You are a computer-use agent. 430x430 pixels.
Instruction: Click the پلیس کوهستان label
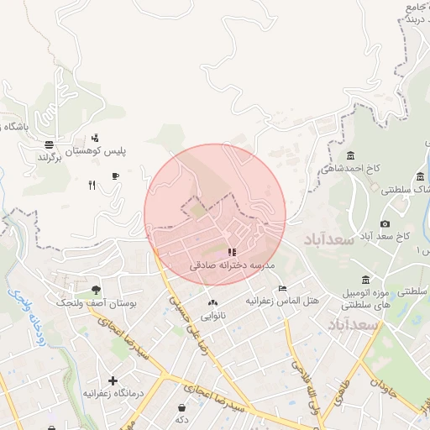pyautogui.click(x=120, y=150)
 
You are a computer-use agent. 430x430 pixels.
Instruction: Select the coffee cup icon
pyautogui.click(x=115, y=176)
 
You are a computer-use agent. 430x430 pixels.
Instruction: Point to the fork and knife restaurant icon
pyautogui.click(x=92, y=186)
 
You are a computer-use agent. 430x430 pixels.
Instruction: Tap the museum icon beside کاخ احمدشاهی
pyautogui.click(x=349, y=155)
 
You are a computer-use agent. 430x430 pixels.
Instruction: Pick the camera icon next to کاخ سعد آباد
pyautogui.click(x=385, y=223)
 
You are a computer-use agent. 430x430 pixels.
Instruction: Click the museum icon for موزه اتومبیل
pyautogui.click(x=365, y=279)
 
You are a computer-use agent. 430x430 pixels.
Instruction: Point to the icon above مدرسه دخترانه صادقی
pyautogui.click(x=232, y=251)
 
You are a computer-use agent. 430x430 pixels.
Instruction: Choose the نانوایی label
pyautogui.click(x=212, y=316)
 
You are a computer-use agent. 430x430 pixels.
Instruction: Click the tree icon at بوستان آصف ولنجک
pyautogui.click(x=95, y=289)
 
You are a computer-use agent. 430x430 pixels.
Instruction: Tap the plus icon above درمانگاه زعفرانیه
pyautogui.click(x=113, y=381)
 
